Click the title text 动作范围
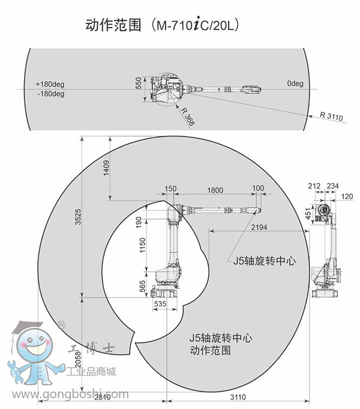point(113,26)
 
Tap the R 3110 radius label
point(331,116)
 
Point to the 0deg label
point(295,83)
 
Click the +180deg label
point(50,84)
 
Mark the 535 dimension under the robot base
point(160,304)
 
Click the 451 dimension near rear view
point(308,214)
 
